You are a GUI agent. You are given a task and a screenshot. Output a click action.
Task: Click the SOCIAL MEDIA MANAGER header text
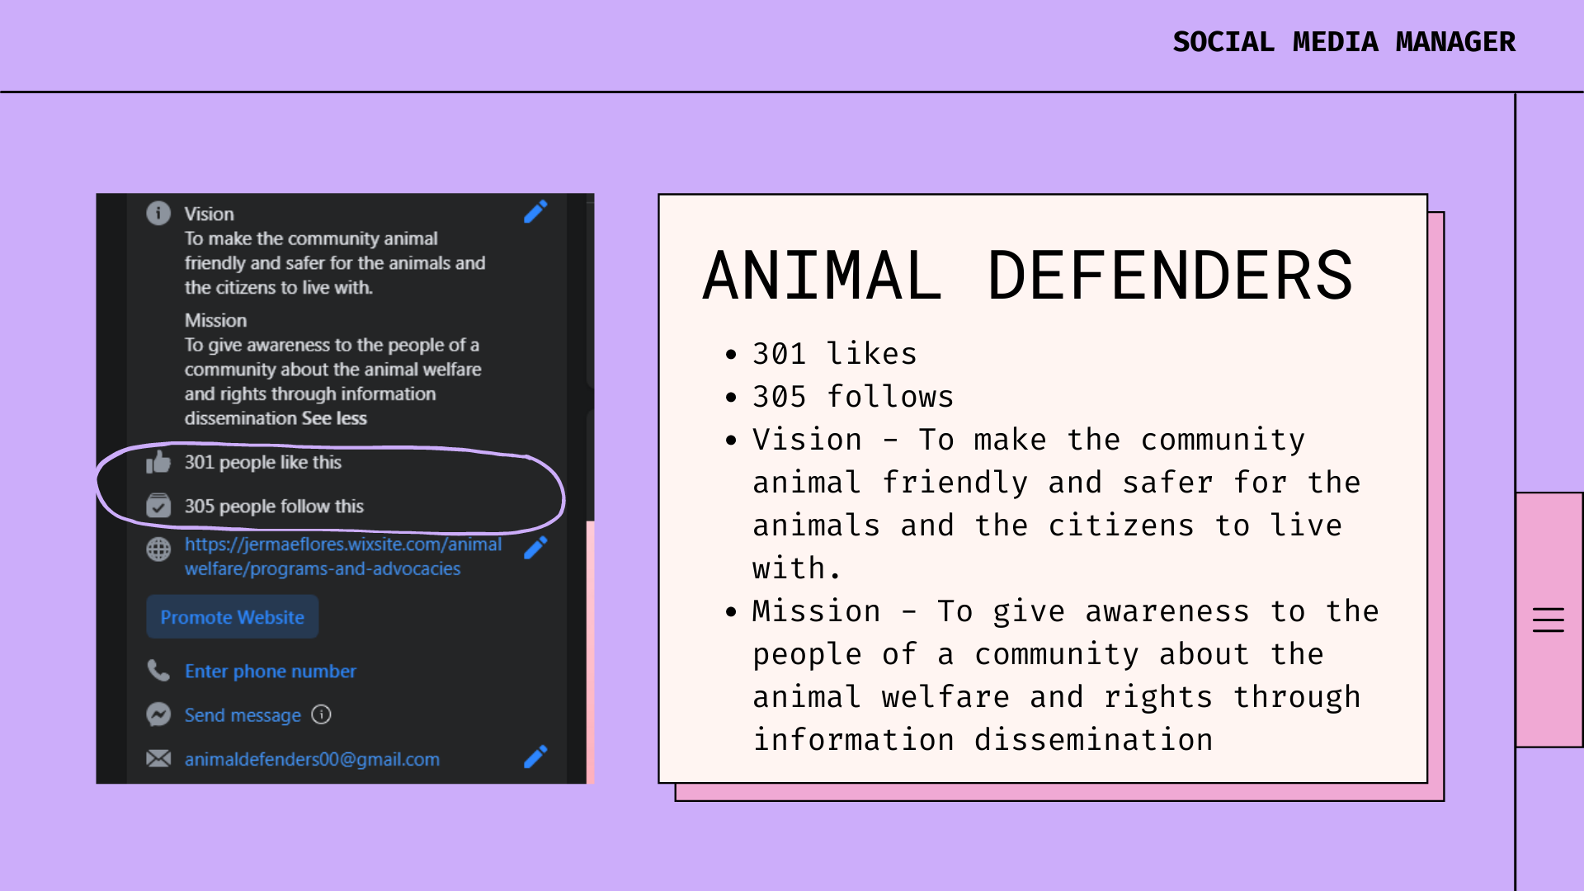(x=1344, y=42)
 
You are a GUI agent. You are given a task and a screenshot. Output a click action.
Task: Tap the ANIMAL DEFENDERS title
(x=1028, y=276)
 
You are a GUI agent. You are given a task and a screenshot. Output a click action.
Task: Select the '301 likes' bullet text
(x=834, y=354)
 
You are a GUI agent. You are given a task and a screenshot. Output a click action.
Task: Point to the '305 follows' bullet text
(x=852, y=397)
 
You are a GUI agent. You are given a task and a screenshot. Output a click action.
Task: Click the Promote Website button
(x=233, y=617)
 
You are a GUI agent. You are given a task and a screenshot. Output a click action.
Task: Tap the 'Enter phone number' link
(x=271, y=672)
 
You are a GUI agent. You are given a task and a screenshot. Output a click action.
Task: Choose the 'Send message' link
(x=243, y=715)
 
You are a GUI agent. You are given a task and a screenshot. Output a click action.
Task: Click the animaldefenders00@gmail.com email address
(x=312, y=759)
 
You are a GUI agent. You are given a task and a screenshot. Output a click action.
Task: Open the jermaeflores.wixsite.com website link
(x=343, y=557)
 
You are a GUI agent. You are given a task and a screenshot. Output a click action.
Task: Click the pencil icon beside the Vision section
(x=535, y=212)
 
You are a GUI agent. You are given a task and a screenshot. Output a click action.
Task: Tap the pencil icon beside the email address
(x=535, y=757)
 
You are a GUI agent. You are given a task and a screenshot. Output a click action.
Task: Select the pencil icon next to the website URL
(x=535, y=547)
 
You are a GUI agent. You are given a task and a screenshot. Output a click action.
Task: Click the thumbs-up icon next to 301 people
(x=158, y=462)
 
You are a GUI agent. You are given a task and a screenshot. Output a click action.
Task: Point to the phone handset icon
(x=158, y=670)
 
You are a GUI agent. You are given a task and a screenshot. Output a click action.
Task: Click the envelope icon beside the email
(x=158, y=758)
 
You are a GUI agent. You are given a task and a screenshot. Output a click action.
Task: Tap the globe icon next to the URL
(x=158, y=549)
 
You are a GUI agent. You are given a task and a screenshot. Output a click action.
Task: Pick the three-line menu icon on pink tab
(x=1549, y=620)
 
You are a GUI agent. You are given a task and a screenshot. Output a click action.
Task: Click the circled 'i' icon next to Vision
(x=158, y=213)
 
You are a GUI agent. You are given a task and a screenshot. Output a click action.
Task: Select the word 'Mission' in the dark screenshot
(x=215, y=320)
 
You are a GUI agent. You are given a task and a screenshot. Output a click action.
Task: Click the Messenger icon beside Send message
(x=158, y=714)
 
